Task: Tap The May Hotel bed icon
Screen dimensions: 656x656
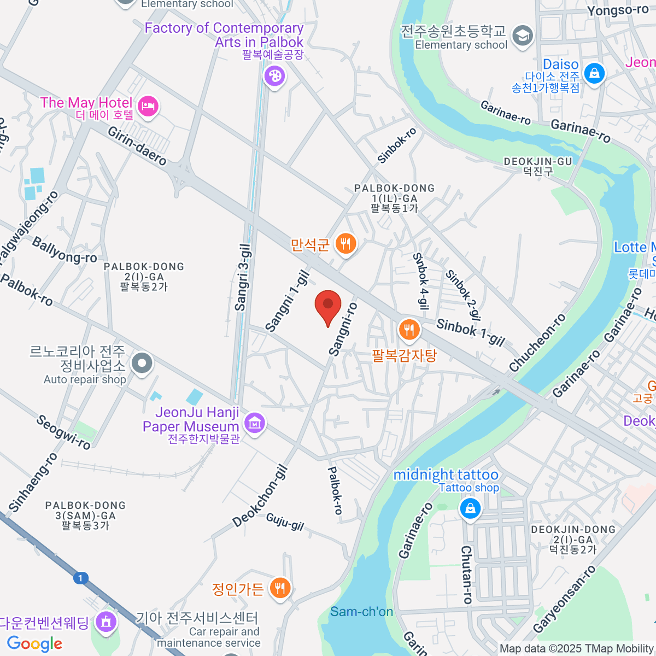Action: (x=148, y=106)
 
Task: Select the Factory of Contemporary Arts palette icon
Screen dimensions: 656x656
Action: (x=274, y=75)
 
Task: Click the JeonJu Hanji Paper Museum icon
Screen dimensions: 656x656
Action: (x=255, y=423)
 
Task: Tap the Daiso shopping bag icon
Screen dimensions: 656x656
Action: (x=594, y=72)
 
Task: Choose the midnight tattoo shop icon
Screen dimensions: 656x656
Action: (x=470, y=508)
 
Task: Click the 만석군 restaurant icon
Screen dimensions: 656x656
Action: (x=345, y=243)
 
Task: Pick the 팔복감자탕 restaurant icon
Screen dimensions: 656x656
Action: (x=408, y=330)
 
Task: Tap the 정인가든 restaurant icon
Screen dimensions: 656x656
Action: (x=280, y=588)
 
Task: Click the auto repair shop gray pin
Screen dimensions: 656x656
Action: (x=143, y=362)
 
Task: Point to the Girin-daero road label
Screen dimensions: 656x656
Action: (x=137, y=146)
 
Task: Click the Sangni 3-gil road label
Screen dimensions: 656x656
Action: (x=243, y=277)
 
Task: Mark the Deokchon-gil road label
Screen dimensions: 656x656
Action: (x=260, y=496)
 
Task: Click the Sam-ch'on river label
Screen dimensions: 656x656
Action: (x=361, y=611)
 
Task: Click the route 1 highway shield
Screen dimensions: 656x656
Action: (x=81, y=578)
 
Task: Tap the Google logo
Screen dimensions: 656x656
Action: (x=35, y=643)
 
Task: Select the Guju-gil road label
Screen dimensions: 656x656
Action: (x=285, y=522)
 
